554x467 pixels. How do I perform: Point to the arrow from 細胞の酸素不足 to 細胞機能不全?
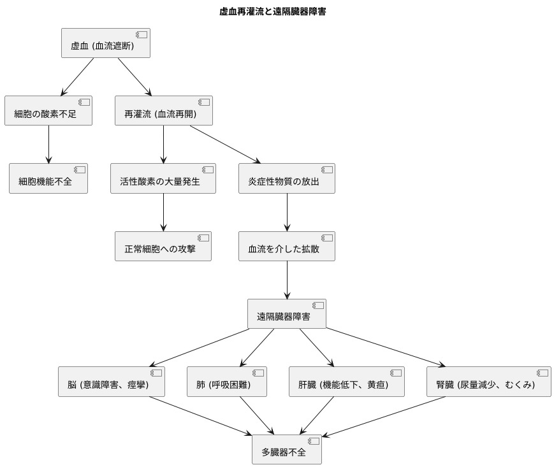pos(48,145)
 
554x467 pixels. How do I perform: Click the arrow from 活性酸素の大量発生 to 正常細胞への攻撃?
pos(163,212)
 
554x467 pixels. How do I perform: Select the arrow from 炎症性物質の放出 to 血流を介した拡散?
pos(287,212)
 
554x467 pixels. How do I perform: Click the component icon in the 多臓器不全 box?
pos(314,441)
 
